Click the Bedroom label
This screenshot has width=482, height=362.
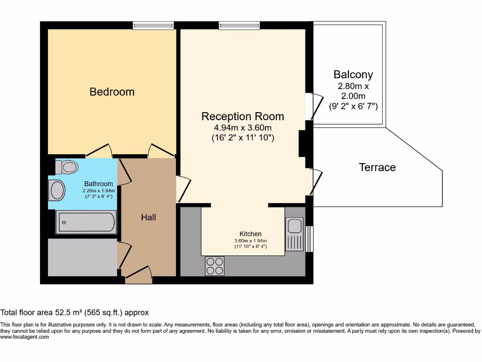point(112,92)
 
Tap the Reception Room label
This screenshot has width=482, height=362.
point(242,116)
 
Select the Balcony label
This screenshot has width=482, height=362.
point(353,74)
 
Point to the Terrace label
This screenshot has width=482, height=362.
point(377,167)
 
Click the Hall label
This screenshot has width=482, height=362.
point(148,217)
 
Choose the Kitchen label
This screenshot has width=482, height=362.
point(250,234)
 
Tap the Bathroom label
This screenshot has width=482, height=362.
point(98,184)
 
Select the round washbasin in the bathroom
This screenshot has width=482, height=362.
point(57,190)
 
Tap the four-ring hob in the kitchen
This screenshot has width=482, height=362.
point(215,266)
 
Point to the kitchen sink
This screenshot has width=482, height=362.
point(294,227)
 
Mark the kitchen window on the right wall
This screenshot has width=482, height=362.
point(309,239)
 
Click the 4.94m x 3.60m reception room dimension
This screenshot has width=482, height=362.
point(242,128)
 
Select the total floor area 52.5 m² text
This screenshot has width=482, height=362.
point(74,313)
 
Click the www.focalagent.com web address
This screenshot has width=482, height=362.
point(24,337)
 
